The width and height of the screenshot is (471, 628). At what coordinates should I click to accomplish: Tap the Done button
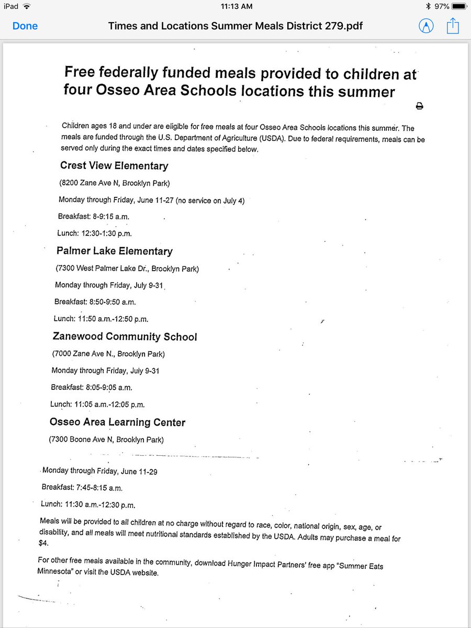click(x=25, y=26)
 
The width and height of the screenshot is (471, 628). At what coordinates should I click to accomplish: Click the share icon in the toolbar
click(x=452, y=26)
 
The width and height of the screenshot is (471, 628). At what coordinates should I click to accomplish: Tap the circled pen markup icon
click(x=427, y=26)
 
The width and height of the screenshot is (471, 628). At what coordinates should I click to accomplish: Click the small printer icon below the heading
click(x=419, y=106)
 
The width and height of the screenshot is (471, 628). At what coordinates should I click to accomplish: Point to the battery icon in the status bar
click(x=458, y=6)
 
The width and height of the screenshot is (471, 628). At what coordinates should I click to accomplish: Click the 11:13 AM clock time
click(x=237, y=6)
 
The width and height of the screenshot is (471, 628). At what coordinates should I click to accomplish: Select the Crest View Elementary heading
click(x=114, y=166)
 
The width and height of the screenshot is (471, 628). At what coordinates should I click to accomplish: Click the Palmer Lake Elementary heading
click(x=115, y=251)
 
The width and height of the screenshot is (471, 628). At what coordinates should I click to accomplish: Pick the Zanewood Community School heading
click(x=125, y=337)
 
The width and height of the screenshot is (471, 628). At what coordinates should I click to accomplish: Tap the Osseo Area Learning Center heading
click(x=117, y=422)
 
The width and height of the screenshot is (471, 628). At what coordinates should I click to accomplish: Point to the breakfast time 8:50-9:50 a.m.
click(x=110, y=302)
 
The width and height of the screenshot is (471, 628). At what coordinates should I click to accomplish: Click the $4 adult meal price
click(x=43, y=543)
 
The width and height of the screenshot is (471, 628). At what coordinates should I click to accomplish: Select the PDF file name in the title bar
click(x=235, y=26)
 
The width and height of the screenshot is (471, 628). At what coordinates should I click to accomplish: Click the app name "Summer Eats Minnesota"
click(x=209, y=567)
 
